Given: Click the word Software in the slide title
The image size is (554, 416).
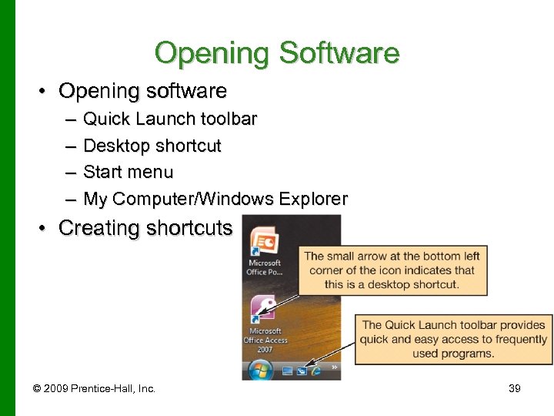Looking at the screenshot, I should pyautogui.click(x=339, y=53).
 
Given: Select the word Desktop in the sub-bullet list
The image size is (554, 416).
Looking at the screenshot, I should pyautogui.click(x=116, y=146).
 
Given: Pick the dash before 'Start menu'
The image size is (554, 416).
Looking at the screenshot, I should pyautogui.click(x=71, y=173).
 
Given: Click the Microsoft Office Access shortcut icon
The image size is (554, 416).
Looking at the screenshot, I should pyautogui.click(x=264, y=311).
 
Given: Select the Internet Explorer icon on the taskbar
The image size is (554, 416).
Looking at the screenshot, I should pyautogui.click(x=315, y=371).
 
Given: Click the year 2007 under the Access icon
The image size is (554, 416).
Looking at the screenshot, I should pyautogui.click(x=265, y=350).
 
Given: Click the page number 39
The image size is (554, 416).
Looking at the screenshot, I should pyautogui.click(x=515, y=389).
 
